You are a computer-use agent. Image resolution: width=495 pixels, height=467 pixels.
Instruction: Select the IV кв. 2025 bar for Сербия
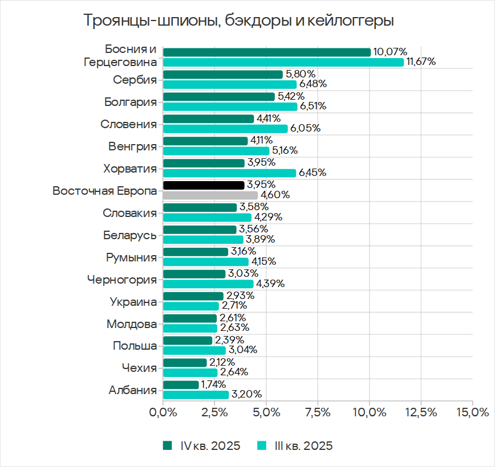pos(222,74)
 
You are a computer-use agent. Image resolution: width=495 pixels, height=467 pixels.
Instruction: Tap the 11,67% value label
pos(421,62)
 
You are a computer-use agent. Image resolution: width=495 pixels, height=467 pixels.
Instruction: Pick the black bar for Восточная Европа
pos(204,185)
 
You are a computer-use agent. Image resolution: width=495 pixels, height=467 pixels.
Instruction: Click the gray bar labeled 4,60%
pos(210,195)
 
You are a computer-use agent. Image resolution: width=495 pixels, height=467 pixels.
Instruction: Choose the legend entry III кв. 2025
pos(295,445)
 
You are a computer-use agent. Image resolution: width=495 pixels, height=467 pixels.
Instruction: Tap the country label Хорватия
pos(130,169)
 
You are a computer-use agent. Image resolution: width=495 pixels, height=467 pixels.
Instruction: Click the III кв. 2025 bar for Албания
pos(196,394)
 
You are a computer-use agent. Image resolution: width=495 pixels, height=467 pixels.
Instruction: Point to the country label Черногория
pos(122,280)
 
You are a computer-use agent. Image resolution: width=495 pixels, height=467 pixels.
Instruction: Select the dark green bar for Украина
pos(193,296)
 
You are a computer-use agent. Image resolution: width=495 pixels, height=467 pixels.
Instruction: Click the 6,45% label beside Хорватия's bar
pos(311,173)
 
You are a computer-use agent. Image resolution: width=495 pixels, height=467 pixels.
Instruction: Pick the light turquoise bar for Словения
pos(225,129)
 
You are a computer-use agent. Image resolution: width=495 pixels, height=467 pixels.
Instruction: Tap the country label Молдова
pos(132,324)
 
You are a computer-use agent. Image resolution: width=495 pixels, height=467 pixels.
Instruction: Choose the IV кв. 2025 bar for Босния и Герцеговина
pos(266,52)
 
